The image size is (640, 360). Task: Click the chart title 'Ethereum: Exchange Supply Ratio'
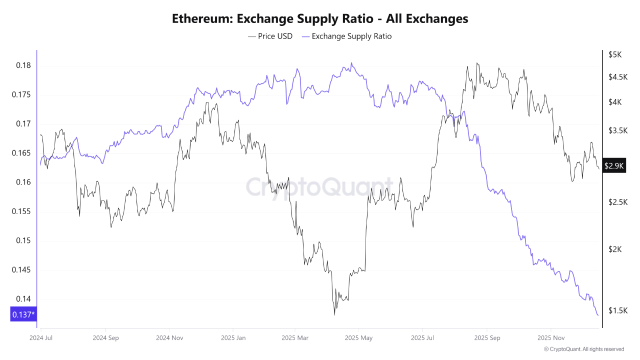tap(319, 18)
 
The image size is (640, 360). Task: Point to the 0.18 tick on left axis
tap(20, 66)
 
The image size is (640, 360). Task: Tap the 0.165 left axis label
tap(20, 153)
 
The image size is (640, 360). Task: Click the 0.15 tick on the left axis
tap(20, 240)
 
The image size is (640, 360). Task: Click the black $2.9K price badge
tap(615, 165)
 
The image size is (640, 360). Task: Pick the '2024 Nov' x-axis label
tap(171, 338)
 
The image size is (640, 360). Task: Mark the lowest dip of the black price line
tap(336, 313)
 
